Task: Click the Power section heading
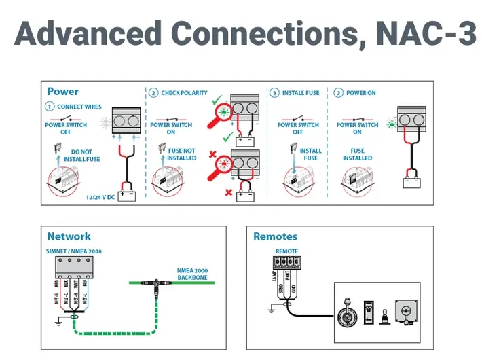[x=62, y=92]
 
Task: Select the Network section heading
[x=69, y=236]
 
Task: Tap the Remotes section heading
[x=275, y=236]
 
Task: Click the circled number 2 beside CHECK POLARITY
[x=154, y=93]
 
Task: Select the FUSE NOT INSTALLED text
[x=181, y=155]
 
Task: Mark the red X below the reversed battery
[x=228, y=192]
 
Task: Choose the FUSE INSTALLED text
[x=357, y=155]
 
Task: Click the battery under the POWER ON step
[x=409, y=181]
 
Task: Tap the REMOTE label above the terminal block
[x=286, y=251]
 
